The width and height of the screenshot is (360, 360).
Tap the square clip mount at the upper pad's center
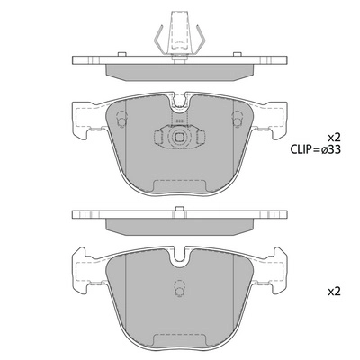[x=179, y=139]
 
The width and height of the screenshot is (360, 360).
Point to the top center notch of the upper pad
[x=179, y=102]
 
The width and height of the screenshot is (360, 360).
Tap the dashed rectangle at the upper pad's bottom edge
[x=179, y=187]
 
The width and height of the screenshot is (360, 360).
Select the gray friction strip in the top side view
[x=179, y=70]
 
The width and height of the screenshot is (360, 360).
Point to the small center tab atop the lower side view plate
[x=179, y=211]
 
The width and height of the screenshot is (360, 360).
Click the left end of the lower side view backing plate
[x=77, y=216]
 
